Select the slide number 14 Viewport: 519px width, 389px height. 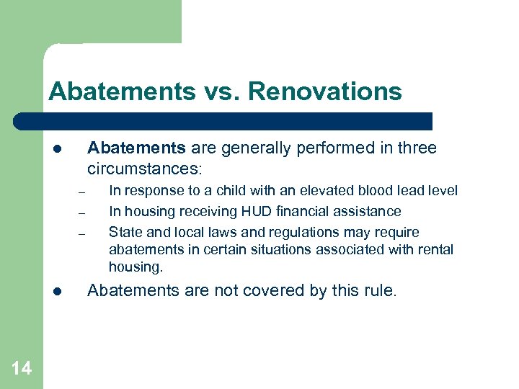tap(21, 369)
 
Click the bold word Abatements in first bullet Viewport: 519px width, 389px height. tap(136, 148)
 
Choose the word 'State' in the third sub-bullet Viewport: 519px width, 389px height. tap(125, 233)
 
